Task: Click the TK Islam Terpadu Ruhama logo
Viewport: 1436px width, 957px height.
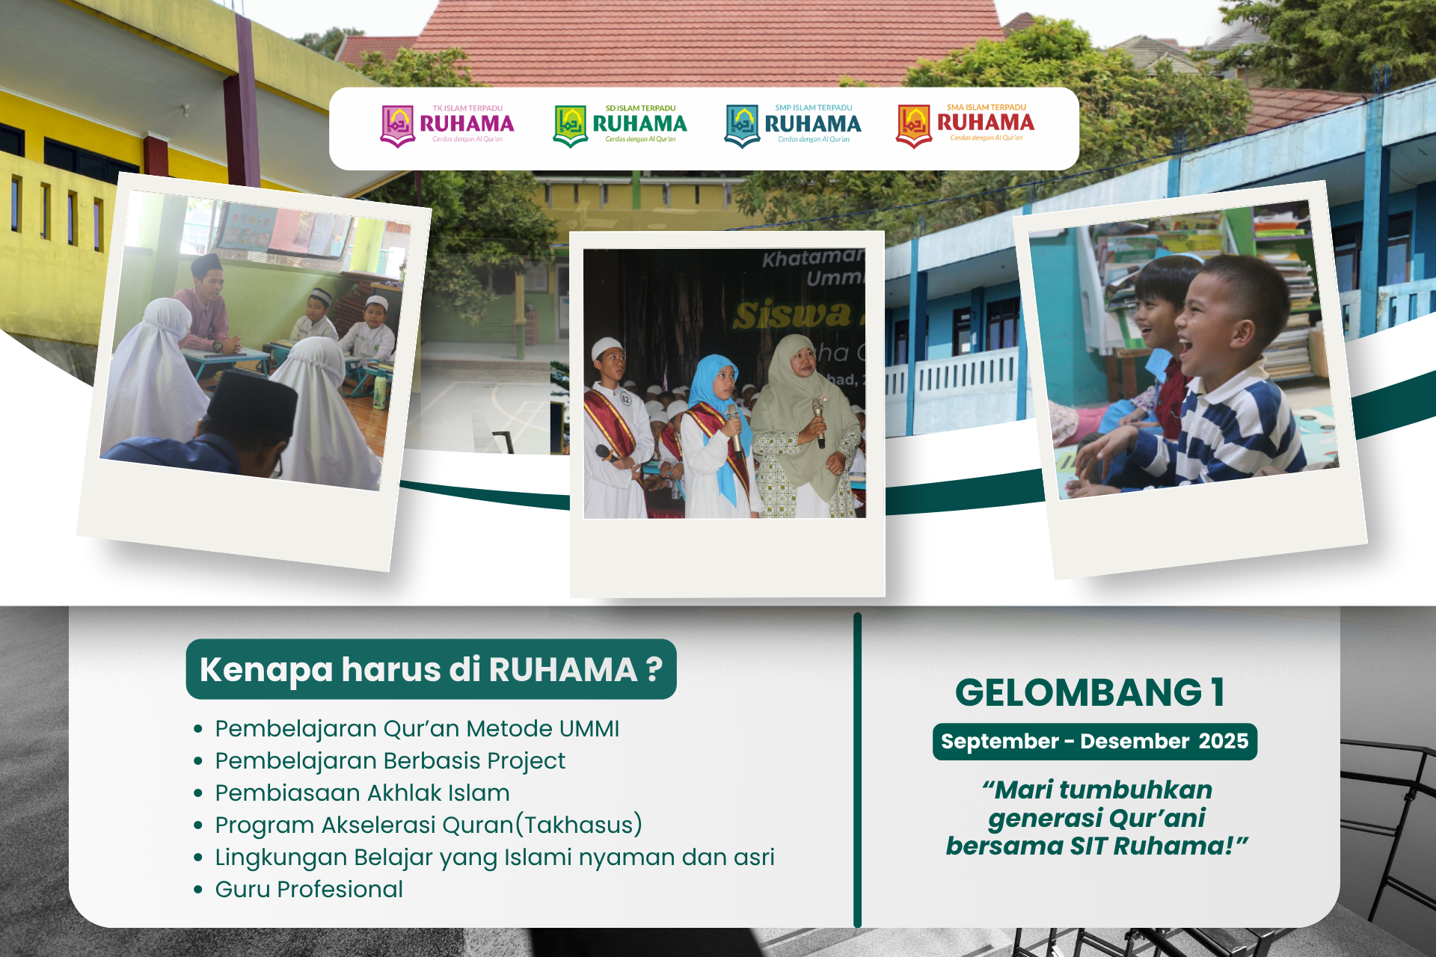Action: (x=447, y=125)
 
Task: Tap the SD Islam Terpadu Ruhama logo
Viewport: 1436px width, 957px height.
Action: (x=620, y=125)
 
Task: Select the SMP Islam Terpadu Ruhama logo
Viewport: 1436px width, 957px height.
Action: (x=793, y=125)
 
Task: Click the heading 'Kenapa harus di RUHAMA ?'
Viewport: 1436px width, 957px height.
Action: (x=431, y=669)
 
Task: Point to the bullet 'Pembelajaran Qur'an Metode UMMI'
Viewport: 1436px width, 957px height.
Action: (x=417, y=728)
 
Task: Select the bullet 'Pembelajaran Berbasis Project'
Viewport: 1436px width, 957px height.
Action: (x=390, y=760)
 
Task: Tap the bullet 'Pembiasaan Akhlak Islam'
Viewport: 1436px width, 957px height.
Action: (x=362, y=793)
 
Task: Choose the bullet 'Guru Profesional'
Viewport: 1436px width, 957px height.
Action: (x=309, y=889)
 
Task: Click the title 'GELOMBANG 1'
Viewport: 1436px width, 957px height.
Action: (x=1090, y=692)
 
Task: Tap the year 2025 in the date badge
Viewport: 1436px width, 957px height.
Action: (x=1223, y=741)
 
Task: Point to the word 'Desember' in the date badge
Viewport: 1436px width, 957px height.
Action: (x=1135, y=741)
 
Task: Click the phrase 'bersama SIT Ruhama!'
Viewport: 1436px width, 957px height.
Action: (x=1096, y=846)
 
